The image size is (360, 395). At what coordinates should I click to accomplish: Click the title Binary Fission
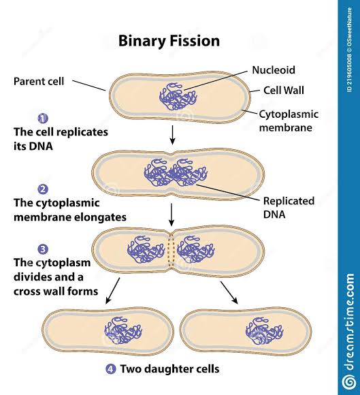coord(169,41)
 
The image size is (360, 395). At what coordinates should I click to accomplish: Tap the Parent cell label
coord(39,81)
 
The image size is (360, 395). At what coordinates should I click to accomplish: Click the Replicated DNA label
coord(288,207)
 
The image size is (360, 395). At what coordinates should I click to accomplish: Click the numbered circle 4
coord(110,370)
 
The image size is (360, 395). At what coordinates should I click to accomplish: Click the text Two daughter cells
coord(169,370)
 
